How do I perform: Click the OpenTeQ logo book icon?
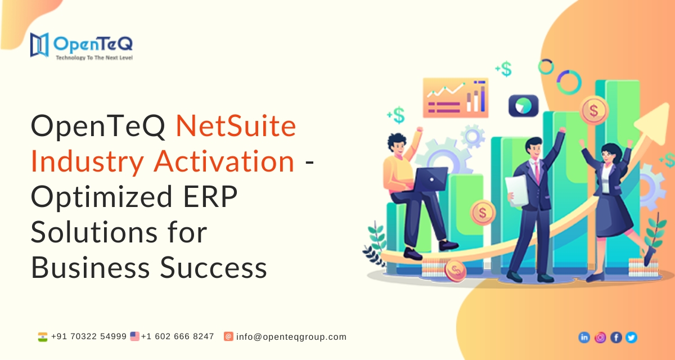pyautogui.click(x=39, y=45)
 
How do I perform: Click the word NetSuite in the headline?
pyautogui.click(x=236, y=126)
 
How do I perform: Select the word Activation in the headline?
pyautogui.click(x=224, y=161)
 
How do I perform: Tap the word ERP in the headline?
pyautogui.click(x=210, y=197)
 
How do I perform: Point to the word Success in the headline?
pyautogui.click(x=213, y=268)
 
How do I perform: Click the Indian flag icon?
pyautogui.click(x=43, y=337)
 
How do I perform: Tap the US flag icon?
pyautogui.click(x=134, y=336)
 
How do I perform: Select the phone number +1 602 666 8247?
pyautogui.click(x=178, y=336)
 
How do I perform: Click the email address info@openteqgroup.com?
pyautogui.click(x=291, y=337)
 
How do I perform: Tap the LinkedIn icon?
pyautogui.click(x=584, y=337)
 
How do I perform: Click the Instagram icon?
pyautogui.click(x=600, y=337)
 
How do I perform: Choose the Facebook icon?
pyautogui.click(x=616, y=337)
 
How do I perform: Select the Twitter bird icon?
pyautogui.click(x=631, y=337)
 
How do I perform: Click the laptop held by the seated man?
pyautogui.click(x=430, y=179)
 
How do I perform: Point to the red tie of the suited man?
pyautogui.click(x=537, y=172)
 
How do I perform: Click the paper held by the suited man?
pyautogui.click(x=517, y=191)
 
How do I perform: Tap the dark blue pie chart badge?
pyautogui.click(x=524, y=106)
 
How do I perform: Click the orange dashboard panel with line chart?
pyautogui.click(x=456, y=98)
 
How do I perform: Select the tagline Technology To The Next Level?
pyautogui.click(x=94, y=58)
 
